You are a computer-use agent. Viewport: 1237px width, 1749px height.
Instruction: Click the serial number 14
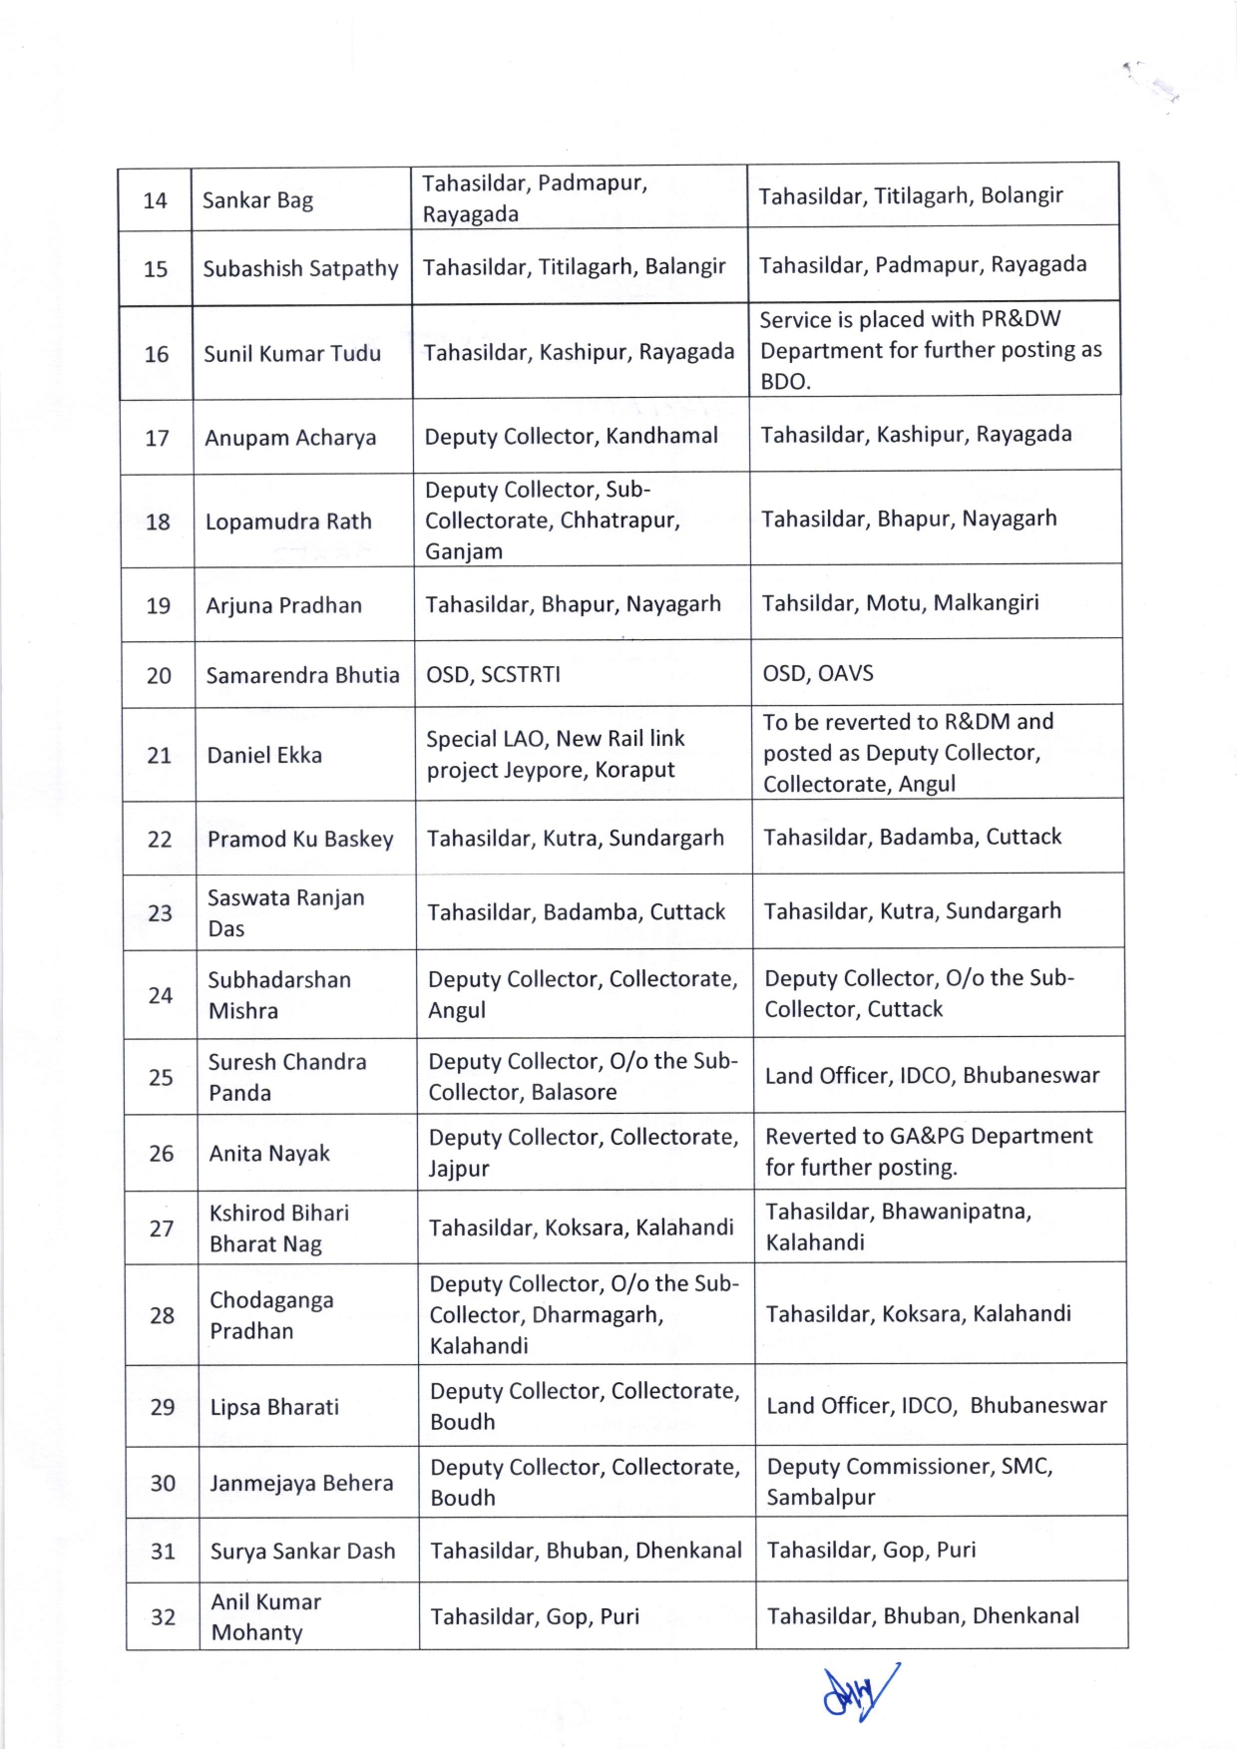pos(155,200)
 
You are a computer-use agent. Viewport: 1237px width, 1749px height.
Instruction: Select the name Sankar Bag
pos(257,200)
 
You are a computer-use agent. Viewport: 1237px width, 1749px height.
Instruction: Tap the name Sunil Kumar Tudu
pos(292,354)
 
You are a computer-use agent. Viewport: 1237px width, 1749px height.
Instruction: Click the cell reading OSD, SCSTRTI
pos(493,675)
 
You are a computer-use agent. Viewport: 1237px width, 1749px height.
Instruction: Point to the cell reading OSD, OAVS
pos(818,673)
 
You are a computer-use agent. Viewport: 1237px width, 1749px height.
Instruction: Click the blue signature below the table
pos(859,1691)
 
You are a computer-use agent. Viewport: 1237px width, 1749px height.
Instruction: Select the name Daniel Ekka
pos(264,756)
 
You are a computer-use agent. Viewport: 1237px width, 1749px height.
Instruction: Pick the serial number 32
pos(163,1617)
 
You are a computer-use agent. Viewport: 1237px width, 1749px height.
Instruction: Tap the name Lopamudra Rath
pos(288,522)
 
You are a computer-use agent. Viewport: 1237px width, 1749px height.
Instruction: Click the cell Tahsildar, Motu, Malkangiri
pos(900,602)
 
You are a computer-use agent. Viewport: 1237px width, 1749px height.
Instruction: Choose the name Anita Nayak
pos(269,1154)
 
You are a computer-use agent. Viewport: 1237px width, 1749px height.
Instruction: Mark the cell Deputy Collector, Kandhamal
pos(571,436)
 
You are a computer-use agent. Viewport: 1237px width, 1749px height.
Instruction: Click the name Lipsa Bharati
pos(274,1407)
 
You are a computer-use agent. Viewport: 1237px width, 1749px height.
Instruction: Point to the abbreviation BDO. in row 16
pos(785,382)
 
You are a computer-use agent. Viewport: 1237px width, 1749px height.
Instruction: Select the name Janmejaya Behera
pos(301,1483)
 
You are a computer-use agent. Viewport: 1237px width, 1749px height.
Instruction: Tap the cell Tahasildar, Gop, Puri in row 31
pos(871,1550)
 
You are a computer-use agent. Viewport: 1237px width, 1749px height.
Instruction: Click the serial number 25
pos(161,1078)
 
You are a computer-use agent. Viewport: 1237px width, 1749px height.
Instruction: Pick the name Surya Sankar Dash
pos(302,1552)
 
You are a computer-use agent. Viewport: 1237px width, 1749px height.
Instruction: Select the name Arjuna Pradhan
pos(283,605)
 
